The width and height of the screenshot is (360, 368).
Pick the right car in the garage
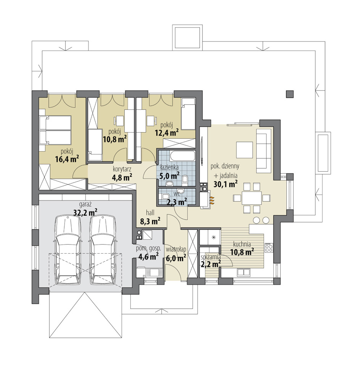point(103,250)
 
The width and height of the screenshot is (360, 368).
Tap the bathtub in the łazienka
point(182,157)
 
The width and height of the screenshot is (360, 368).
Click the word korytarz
point(122,169)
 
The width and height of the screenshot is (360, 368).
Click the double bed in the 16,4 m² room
point(55,130)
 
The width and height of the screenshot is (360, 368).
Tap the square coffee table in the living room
point(244,150)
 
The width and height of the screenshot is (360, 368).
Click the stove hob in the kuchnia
point(269,248)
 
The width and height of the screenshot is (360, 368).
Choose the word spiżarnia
point(211,257)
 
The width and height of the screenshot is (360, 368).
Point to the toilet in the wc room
point(165,197)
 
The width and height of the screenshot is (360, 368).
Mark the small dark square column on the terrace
point(290,94)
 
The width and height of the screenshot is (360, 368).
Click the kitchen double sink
point(243,272)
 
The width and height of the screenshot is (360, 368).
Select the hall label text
point(150,213)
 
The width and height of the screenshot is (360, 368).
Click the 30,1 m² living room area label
point(225,184)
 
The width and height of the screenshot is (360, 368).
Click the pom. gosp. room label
point(148,248)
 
